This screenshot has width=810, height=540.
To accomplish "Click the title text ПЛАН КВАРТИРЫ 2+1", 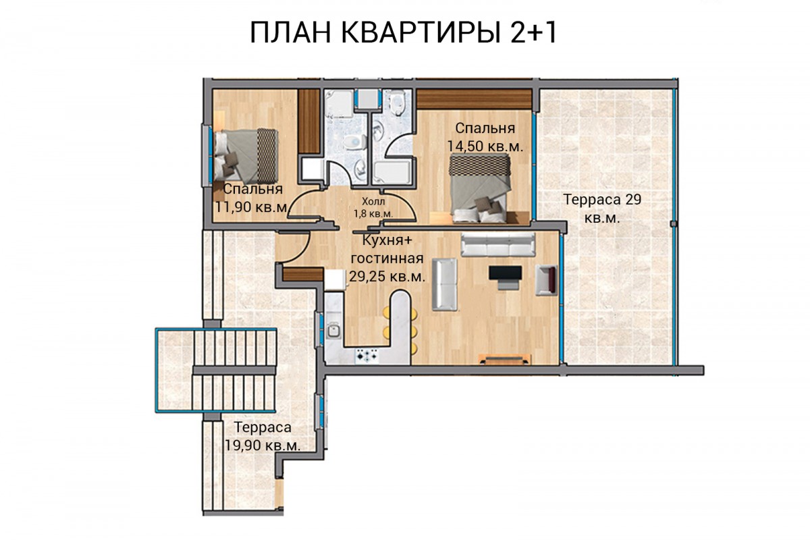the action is tap(403, 32).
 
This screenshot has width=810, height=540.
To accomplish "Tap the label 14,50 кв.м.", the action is tap(485, 146).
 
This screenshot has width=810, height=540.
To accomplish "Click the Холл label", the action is tap(373, 201).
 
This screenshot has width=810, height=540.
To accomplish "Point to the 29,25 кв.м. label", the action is tap(387, 277).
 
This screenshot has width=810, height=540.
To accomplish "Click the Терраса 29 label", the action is tap(602, 199).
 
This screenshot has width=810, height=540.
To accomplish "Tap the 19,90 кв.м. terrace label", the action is tap(263, 446).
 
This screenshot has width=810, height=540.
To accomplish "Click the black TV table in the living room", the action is tap(505, 273).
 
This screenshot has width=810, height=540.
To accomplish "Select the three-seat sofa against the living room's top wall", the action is tap(498, 244).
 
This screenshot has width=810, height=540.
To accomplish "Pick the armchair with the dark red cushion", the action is tap(546, 280).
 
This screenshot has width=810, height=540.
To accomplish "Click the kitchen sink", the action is tap(333, 331).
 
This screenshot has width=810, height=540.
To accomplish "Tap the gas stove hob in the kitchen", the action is tap(367, 356).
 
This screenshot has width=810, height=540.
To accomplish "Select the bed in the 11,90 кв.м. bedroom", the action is tap(246, 155).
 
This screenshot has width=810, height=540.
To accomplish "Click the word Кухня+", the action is tap(387, 240).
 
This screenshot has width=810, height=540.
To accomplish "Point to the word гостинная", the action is tap(387, 259).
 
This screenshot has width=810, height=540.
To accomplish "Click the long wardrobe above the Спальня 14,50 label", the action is tap(474, 99).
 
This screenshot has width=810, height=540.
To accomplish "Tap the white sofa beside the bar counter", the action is tap(445, 284).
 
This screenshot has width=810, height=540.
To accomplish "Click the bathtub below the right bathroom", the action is tap(392, 173).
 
